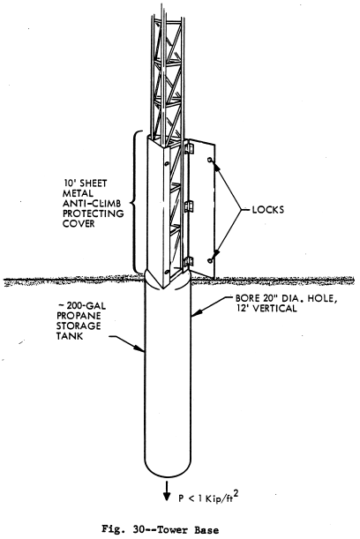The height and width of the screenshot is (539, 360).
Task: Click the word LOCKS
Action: coord(268,209)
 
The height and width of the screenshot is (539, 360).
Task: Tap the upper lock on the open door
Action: coord(209,160)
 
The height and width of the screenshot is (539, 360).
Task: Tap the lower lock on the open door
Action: coord(210,260)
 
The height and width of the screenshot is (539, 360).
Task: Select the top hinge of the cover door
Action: coord(189,148)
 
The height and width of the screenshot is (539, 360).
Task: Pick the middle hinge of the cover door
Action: coord(189,206)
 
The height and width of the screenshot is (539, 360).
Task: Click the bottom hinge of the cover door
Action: coord(189,262)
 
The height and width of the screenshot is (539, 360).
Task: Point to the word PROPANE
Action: coord(79,316)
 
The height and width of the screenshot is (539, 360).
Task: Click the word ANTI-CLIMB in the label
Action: coord(92,203)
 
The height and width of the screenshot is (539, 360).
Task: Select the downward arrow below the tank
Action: coord(167,490)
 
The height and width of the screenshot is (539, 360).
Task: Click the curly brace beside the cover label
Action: coord(135,202)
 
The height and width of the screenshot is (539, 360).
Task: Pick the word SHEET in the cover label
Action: coord(94,183)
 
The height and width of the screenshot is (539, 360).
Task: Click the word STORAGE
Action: coord(79,326)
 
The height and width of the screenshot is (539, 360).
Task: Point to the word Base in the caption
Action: coord(206,529)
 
